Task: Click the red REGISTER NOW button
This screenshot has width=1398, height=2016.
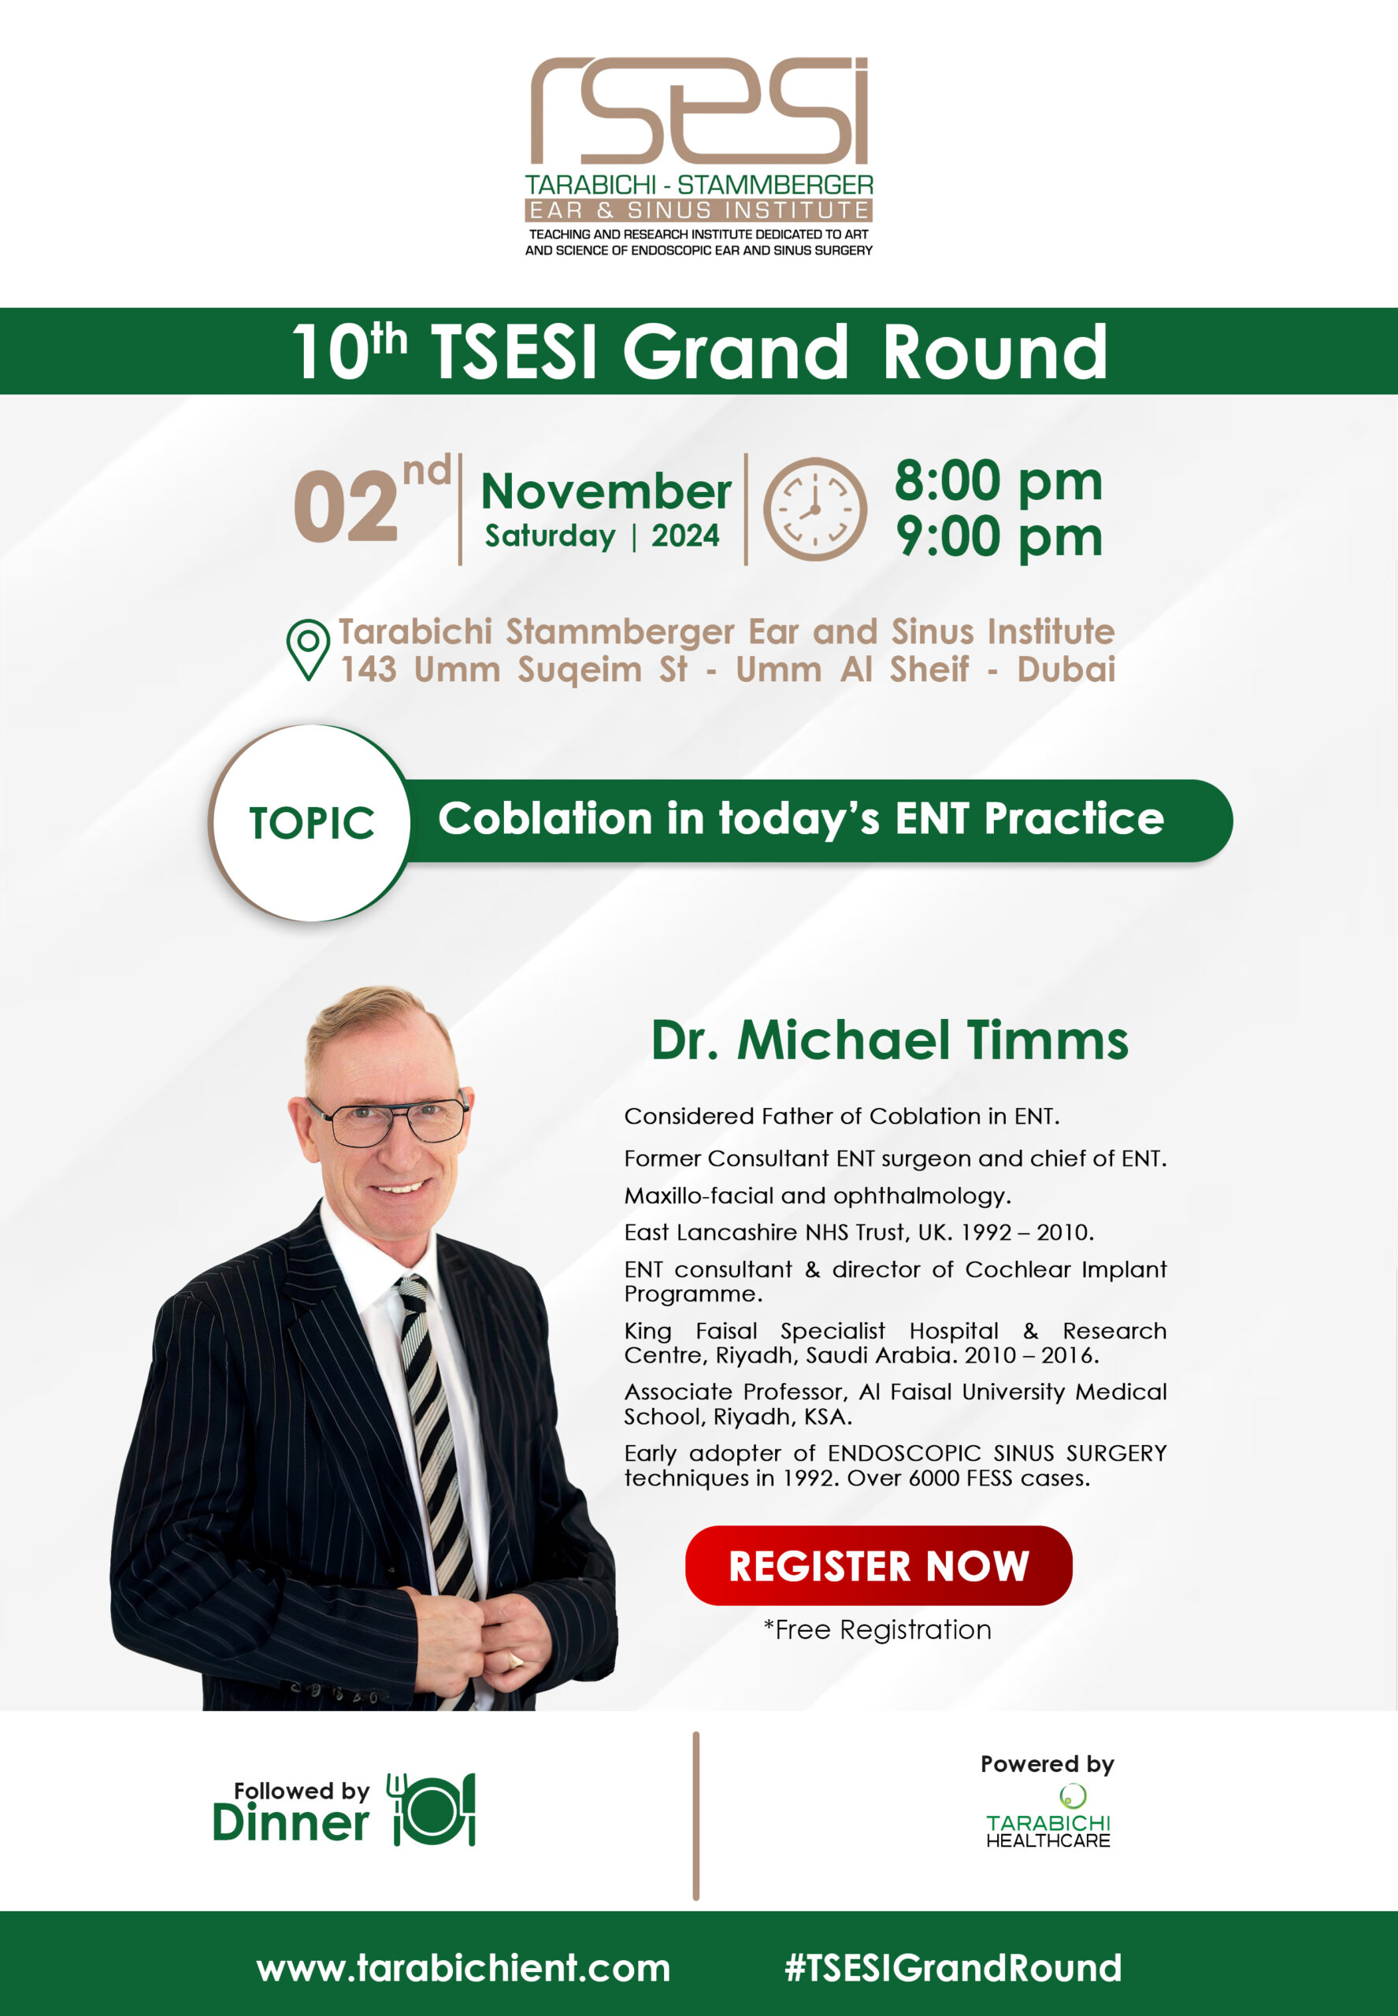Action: click(x=877, y=1565)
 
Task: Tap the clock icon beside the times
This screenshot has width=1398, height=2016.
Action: click(x=814, y=509)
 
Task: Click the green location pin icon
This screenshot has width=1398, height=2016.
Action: click(x=308, y=650)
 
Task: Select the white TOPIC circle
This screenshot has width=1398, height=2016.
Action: click(x=312, y=823)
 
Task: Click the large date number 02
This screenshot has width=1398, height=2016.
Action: click(x=345, y=507)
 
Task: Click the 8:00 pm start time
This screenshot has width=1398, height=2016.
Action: click(x=998, y=481)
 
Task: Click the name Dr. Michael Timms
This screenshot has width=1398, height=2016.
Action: click(x=889, y=1040)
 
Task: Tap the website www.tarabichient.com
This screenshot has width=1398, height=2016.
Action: click(x=463, y=1968)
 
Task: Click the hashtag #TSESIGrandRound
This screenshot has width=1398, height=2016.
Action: click(x=953, y=1968)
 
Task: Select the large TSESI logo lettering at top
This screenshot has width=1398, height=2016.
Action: click(x=699, y=110)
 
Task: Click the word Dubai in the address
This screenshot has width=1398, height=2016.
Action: click(x=1066, y=669)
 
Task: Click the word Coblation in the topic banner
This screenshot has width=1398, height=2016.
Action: click(x=545, y=818)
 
